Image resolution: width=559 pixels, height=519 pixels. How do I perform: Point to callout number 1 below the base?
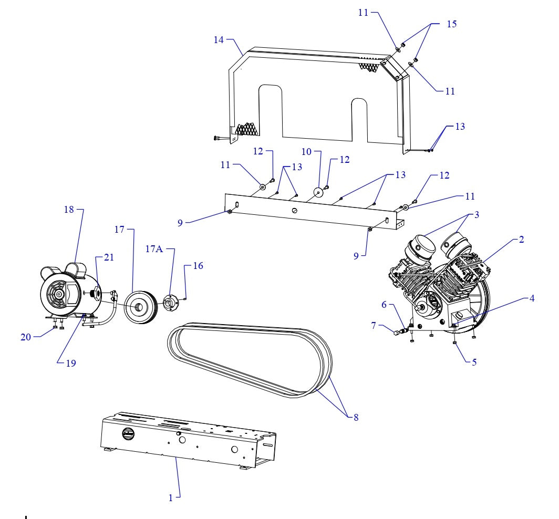[x=170, y=498]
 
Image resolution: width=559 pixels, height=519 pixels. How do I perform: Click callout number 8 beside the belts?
[x=356, y=418]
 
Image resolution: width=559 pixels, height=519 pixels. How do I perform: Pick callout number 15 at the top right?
[x=451, y=24]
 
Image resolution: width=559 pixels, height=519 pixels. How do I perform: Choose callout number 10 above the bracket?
[x=306, y=152]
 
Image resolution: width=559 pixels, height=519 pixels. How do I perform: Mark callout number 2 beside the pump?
[x=521, y=240]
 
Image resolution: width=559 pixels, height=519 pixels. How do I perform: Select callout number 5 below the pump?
[x=474, y=362]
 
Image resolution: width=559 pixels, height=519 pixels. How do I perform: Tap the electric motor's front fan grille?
[x=57, y=294]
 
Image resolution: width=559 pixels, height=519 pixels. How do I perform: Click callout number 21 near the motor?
[x=109, y=257]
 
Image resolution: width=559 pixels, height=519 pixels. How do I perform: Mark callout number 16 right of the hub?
[x=198, y=266]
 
